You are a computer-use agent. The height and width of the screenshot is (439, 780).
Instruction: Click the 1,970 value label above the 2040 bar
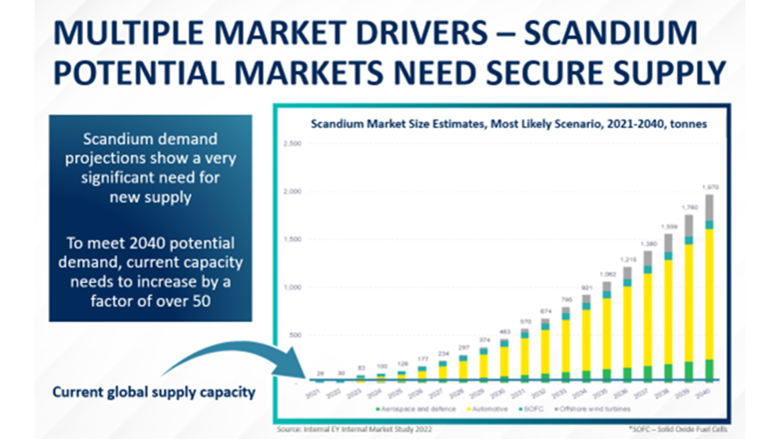coord(710,187)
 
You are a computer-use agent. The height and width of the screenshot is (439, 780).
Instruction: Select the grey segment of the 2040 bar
coord(709,207)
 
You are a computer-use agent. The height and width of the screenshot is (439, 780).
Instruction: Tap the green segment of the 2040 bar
coord(709,369)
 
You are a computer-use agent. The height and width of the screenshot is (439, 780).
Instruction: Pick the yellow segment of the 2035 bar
coord(607,333)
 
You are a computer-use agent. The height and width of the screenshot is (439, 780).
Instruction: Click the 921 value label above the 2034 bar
coord(587,288)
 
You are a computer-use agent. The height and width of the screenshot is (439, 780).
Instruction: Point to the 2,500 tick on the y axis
coord(292,144)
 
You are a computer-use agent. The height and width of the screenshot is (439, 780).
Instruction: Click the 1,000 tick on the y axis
coord(292,287)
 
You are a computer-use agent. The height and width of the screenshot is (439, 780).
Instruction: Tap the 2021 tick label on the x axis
coord(313,393)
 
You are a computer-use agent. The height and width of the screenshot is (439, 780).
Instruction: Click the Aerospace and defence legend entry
coord(416,409)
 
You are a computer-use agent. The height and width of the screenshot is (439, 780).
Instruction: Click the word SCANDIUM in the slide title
coord(610,33)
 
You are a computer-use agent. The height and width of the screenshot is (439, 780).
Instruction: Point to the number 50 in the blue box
coord(201,301)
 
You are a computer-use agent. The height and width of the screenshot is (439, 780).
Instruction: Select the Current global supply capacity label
coord(154,392)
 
